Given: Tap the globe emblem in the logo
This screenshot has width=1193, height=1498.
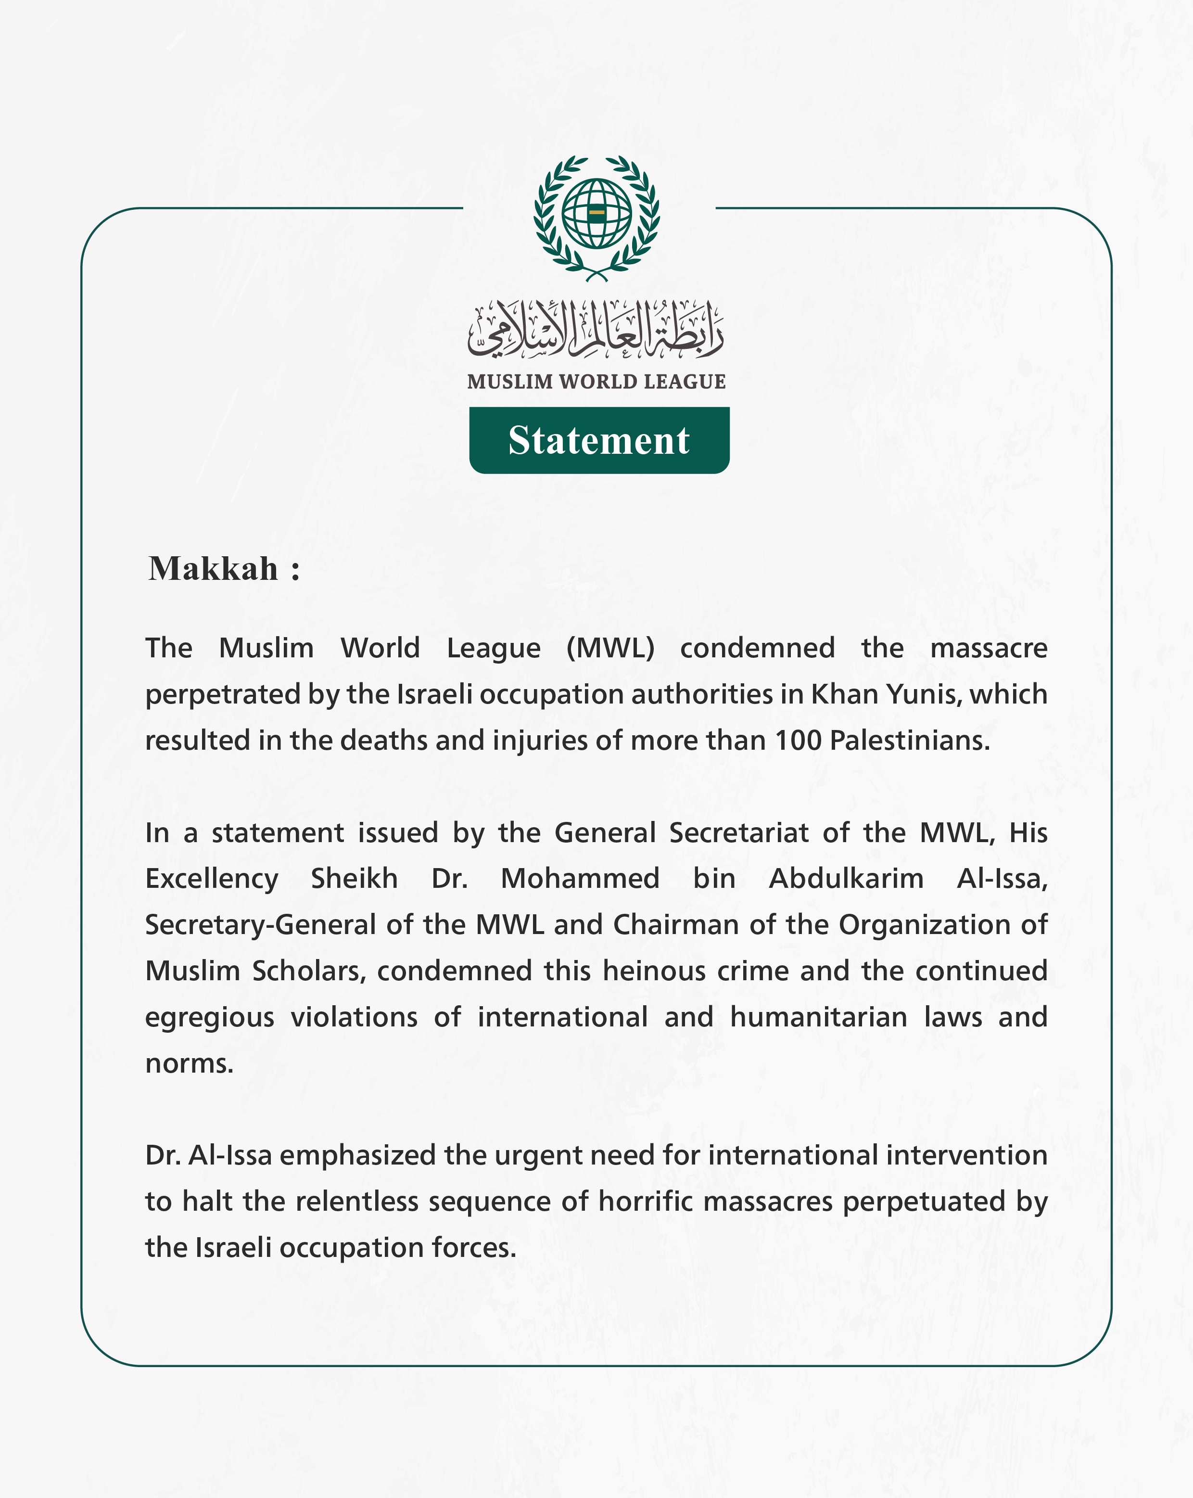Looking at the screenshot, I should (x=596, y=213).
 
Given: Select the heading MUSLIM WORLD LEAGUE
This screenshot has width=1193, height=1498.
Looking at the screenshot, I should (x=596, y=382).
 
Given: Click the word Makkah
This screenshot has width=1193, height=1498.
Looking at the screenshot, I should (x=213, y=569).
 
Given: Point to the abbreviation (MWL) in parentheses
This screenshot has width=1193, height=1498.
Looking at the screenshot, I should (x=610, y=648).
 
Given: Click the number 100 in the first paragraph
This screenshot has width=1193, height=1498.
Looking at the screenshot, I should (x=799, y=741).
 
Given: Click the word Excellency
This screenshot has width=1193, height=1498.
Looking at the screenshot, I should (x=212, y=879).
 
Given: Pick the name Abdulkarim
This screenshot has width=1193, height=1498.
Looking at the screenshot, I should (x=846, y=879).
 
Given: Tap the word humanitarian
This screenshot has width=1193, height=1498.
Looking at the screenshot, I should (x=819, y=1017).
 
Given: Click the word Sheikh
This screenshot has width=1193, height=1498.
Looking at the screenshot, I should (x=354, y=879).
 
